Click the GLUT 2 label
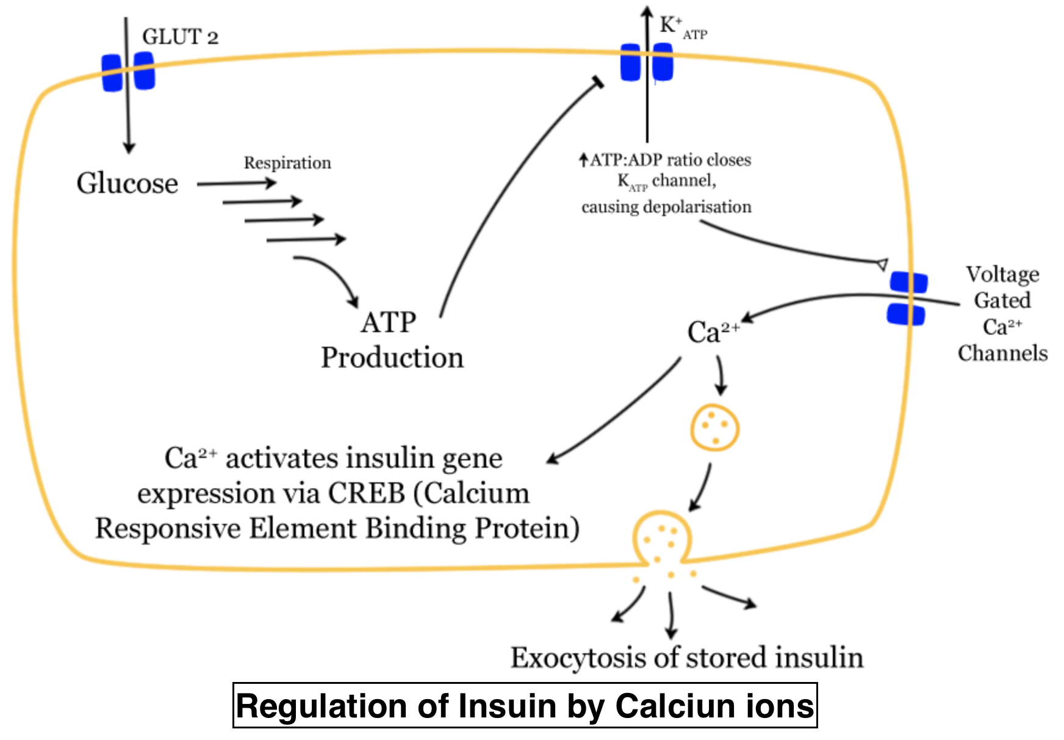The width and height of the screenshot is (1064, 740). point(180,37)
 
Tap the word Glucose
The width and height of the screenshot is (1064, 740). point(127,183)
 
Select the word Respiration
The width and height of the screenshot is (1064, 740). point(287,163)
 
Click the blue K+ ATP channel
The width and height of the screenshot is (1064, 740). point(647,62)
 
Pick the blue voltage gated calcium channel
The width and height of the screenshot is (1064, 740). point(907,299)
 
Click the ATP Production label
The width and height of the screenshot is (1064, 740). point(392,340)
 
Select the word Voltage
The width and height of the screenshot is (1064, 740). point(1002,274)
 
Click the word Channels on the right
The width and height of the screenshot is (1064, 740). point(1002,353)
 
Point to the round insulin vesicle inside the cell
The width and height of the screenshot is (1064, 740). point(714,428)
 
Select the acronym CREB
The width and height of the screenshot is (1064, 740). point(366,493)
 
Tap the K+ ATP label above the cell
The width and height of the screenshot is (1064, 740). point(683,27)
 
